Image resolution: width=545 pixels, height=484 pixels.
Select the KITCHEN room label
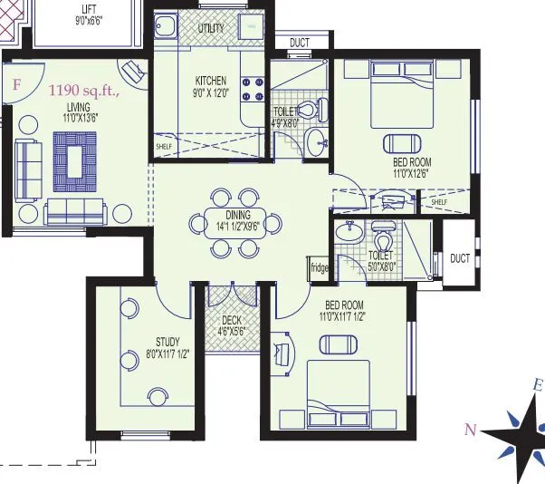click(210, 80)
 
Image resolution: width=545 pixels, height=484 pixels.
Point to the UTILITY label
click(211, 29)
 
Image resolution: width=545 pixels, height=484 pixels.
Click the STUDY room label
click(168, 342)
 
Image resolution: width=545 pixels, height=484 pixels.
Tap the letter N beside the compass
click(469, 431)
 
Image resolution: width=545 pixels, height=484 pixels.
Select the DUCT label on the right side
click(460, 258)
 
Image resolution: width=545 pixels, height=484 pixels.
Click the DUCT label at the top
click(299, 43)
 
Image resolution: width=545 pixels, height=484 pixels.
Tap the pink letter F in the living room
click(16, 85)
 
